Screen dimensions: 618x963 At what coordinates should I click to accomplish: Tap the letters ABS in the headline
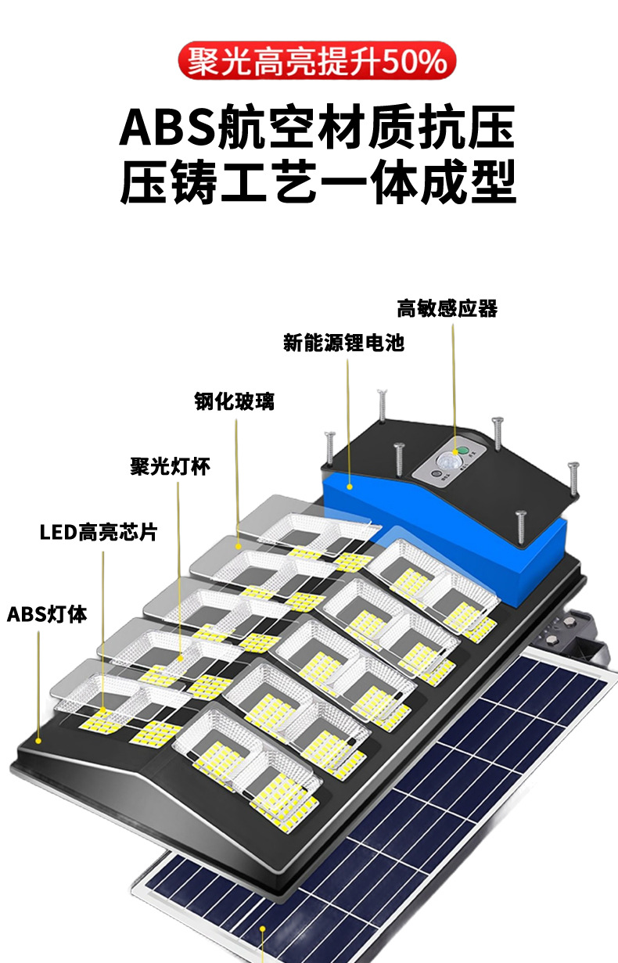(x=167, y=128)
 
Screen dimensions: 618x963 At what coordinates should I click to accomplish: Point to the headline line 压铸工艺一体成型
(x=318, y=181)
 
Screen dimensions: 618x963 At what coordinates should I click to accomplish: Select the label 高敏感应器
(x=447, y=308)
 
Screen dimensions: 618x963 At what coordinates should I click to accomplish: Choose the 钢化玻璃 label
(x=234, y=402)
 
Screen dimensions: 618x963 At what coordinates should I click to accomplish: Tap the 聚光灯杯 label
(x=170, y=467)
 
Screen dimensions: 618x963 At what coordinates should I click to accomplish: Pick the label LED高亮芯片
(x=98, y=533)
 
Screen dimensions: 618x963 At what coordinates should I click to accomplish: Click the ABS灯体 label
(x=47, y=614)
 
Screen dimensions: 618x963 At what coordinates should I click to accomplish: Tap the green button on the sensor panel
(x=462, y=451)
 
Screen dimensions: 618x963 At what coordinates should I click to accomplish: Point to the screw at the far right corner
(x=573, y=476)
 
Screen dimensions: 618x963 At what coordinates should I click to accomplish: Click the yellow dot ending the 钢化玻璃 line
(x=239, y=548)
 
